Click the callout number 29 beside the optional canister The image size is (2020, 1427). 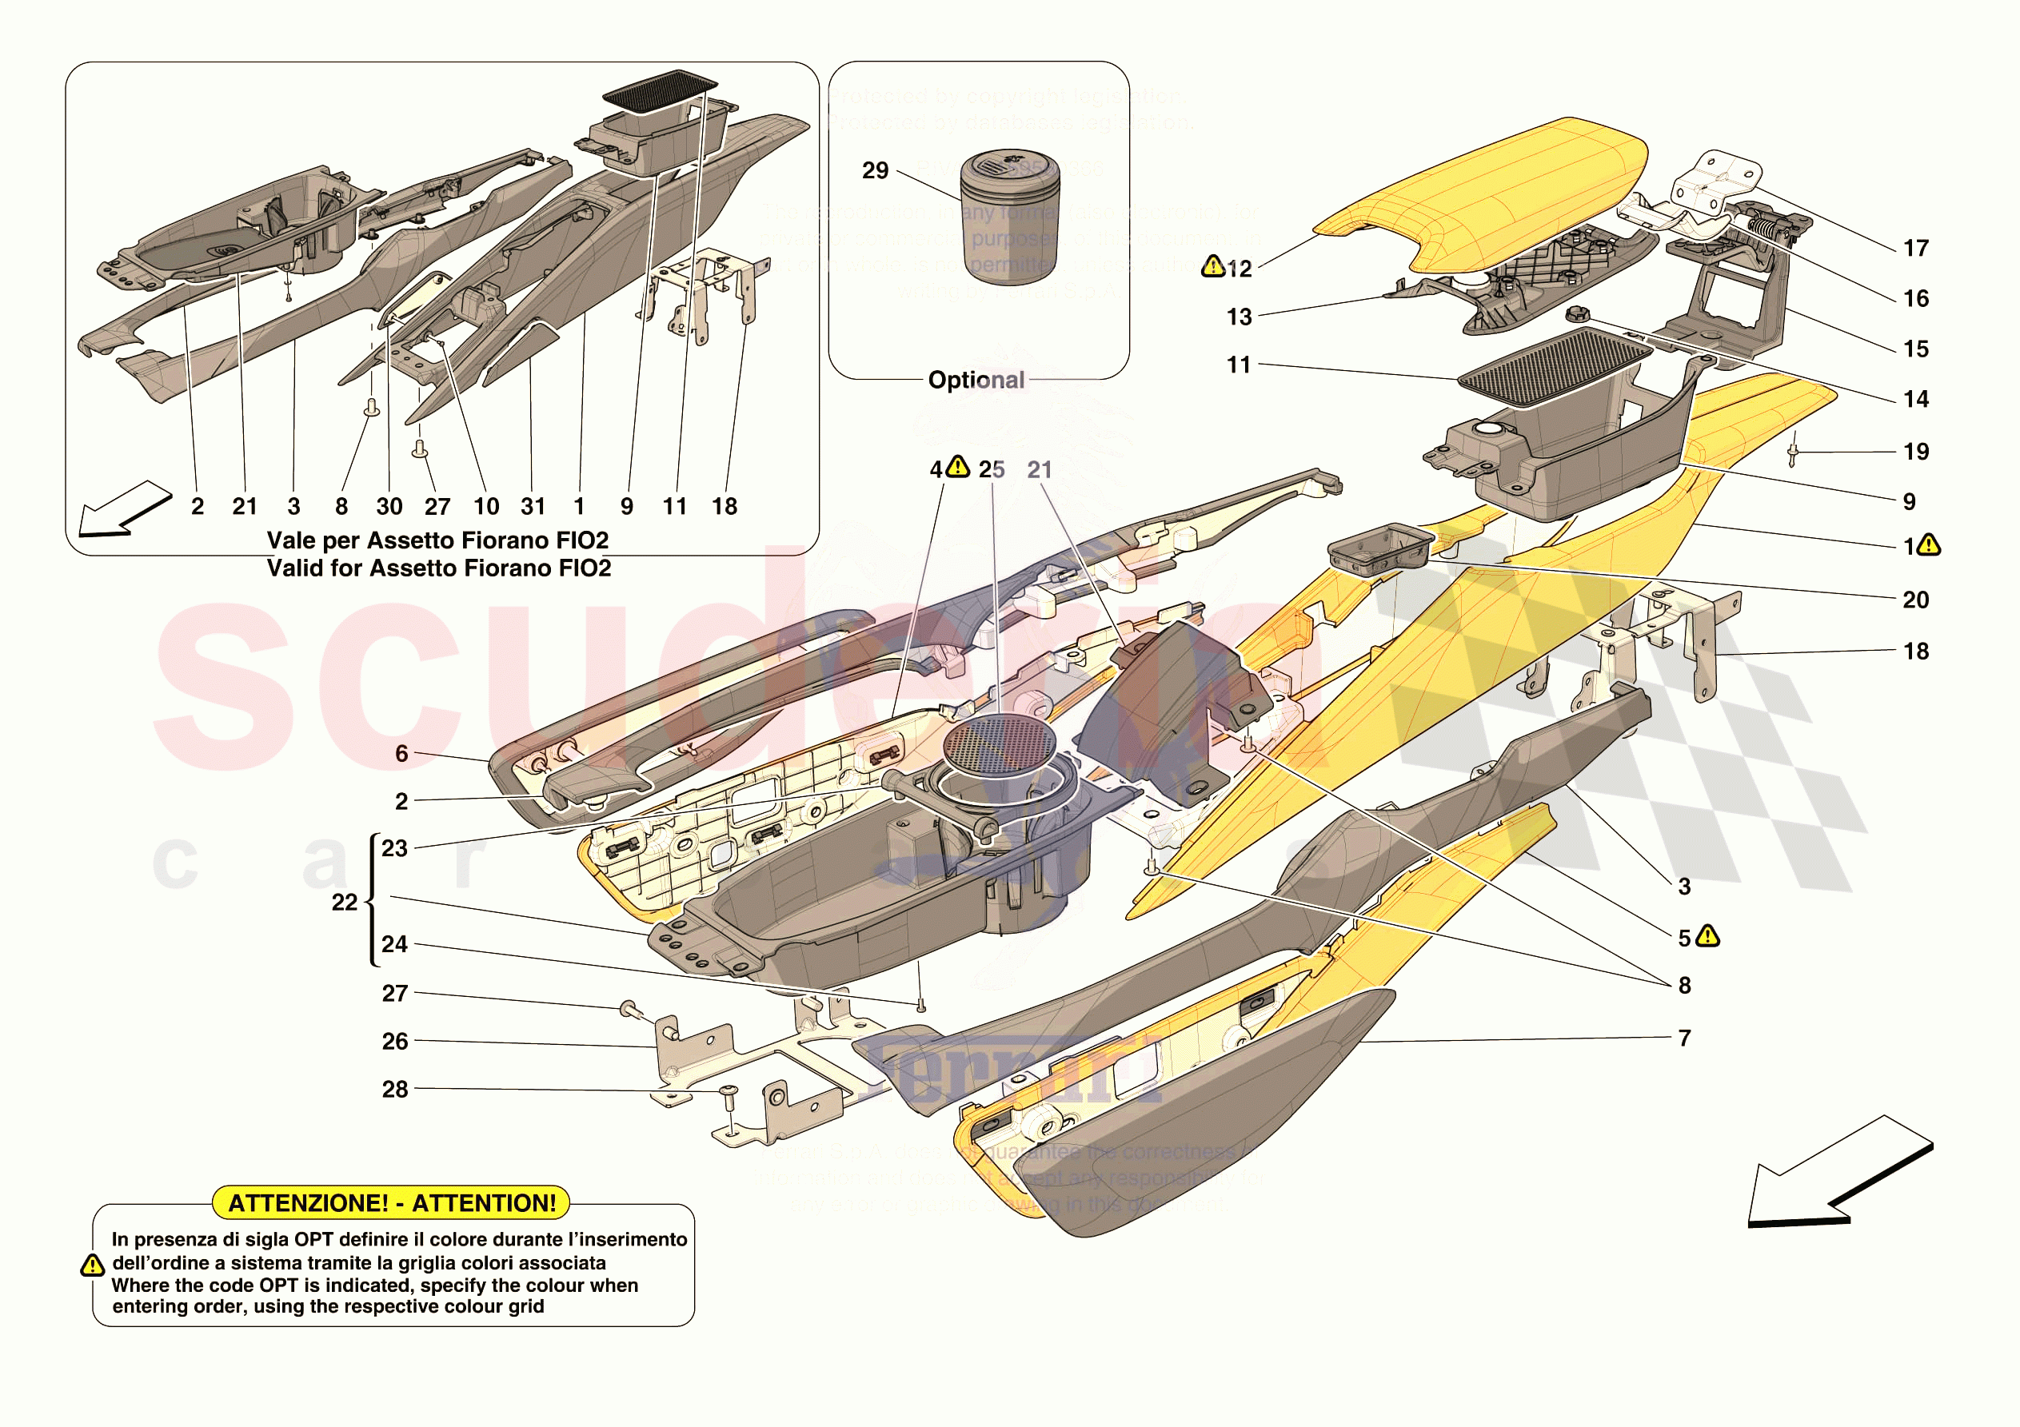(875, 170)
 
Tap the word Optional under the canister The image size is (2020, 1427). (976, 380)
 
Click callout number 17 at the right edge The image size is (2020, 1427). (1915, 249)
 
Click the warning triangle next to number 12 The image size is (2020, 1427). (1213, 265)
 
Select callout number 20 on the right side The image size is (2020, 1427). (1915, 600)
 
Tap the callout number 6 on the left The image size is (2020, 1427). (401, 753)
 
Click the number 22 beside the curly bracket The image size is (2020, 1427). (344, 902)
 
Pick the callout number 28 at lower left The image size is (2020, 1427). (395, 1089)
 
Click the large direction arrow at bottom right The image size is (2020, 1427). (1838, 1174)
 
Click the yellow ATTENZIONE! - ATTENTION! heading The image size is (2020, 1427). (392, 1202)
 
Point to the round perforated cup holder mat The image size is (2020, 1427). (998, 744)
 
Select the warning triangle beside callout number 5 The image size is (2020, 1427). (1707, 936)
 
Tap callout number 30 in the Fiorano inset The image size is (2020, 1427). (389, 507)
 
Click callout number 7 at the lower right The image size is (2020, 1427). (1684, 1038)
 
